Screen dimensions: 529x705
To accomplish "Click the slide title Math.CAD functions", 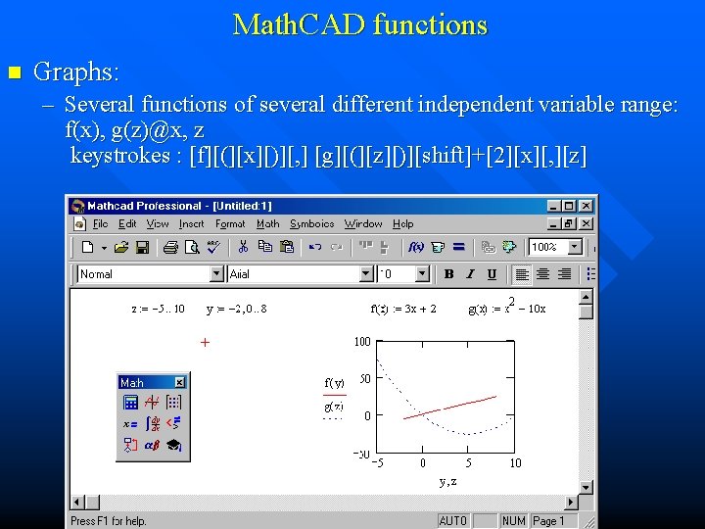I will (359, 25).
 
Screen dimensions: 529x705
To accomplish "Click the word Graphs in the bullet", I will (74, 72).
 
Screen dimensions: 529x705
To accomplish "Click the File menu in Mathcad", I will (101, 224).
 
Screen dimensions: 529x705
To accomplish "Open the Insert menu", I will (192, 224).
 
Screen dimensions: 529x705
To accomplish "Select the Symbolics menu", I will (311, 224).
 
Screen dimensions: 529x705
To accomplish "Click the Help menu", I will (403, 224).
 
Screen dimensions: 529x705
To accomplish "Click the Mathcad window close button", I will (586, 206).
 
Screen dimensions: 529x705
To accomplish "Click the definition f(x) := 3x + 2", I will (403, 309).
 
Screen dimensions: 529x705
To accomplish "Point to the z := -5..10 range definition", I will (158, 309).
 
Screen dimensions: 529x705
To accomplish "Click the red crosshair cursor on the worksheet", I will (205, 342).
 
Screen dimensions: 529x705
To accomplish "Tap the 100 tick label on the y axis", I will (361, 342).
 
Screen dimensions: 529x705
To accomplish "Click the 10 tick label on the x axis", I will (515, 462).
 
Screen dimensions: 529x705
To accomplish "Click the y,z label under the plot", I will (447, 481).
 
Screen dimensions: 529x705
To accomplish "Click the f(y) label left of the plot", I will (334, 382).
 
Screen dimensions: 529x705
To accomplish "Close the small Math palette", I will (180, 382).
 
